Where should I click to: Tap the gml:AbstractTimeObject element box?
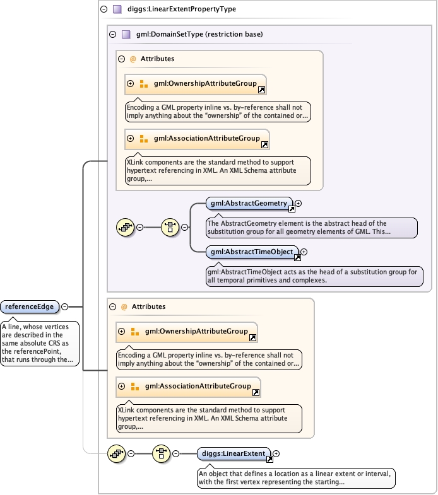point(250,252)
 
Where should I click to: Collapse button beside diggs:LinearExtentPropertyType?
point(104,9)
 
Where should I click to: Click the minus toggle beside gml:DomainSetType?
point(112,34)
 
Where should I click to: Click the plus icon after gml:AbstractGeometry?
point(299,203)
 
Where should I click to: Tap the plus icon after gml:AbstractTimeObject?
point(304,252)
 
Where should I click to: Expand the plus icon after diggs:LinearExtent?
point(276,453)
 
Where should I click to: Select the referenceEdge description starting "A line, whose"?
point(39,344)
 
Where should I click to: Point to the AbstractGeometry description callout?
point(312,228)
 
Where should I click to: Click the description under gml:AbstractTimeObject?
point(314,276)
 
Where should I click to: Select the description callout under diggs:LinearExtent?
point(295,477)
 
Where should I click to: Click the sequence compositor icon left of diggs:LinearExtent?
point(162,453)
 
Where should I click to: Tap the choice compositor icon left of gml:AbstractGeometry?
point(170,227)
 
